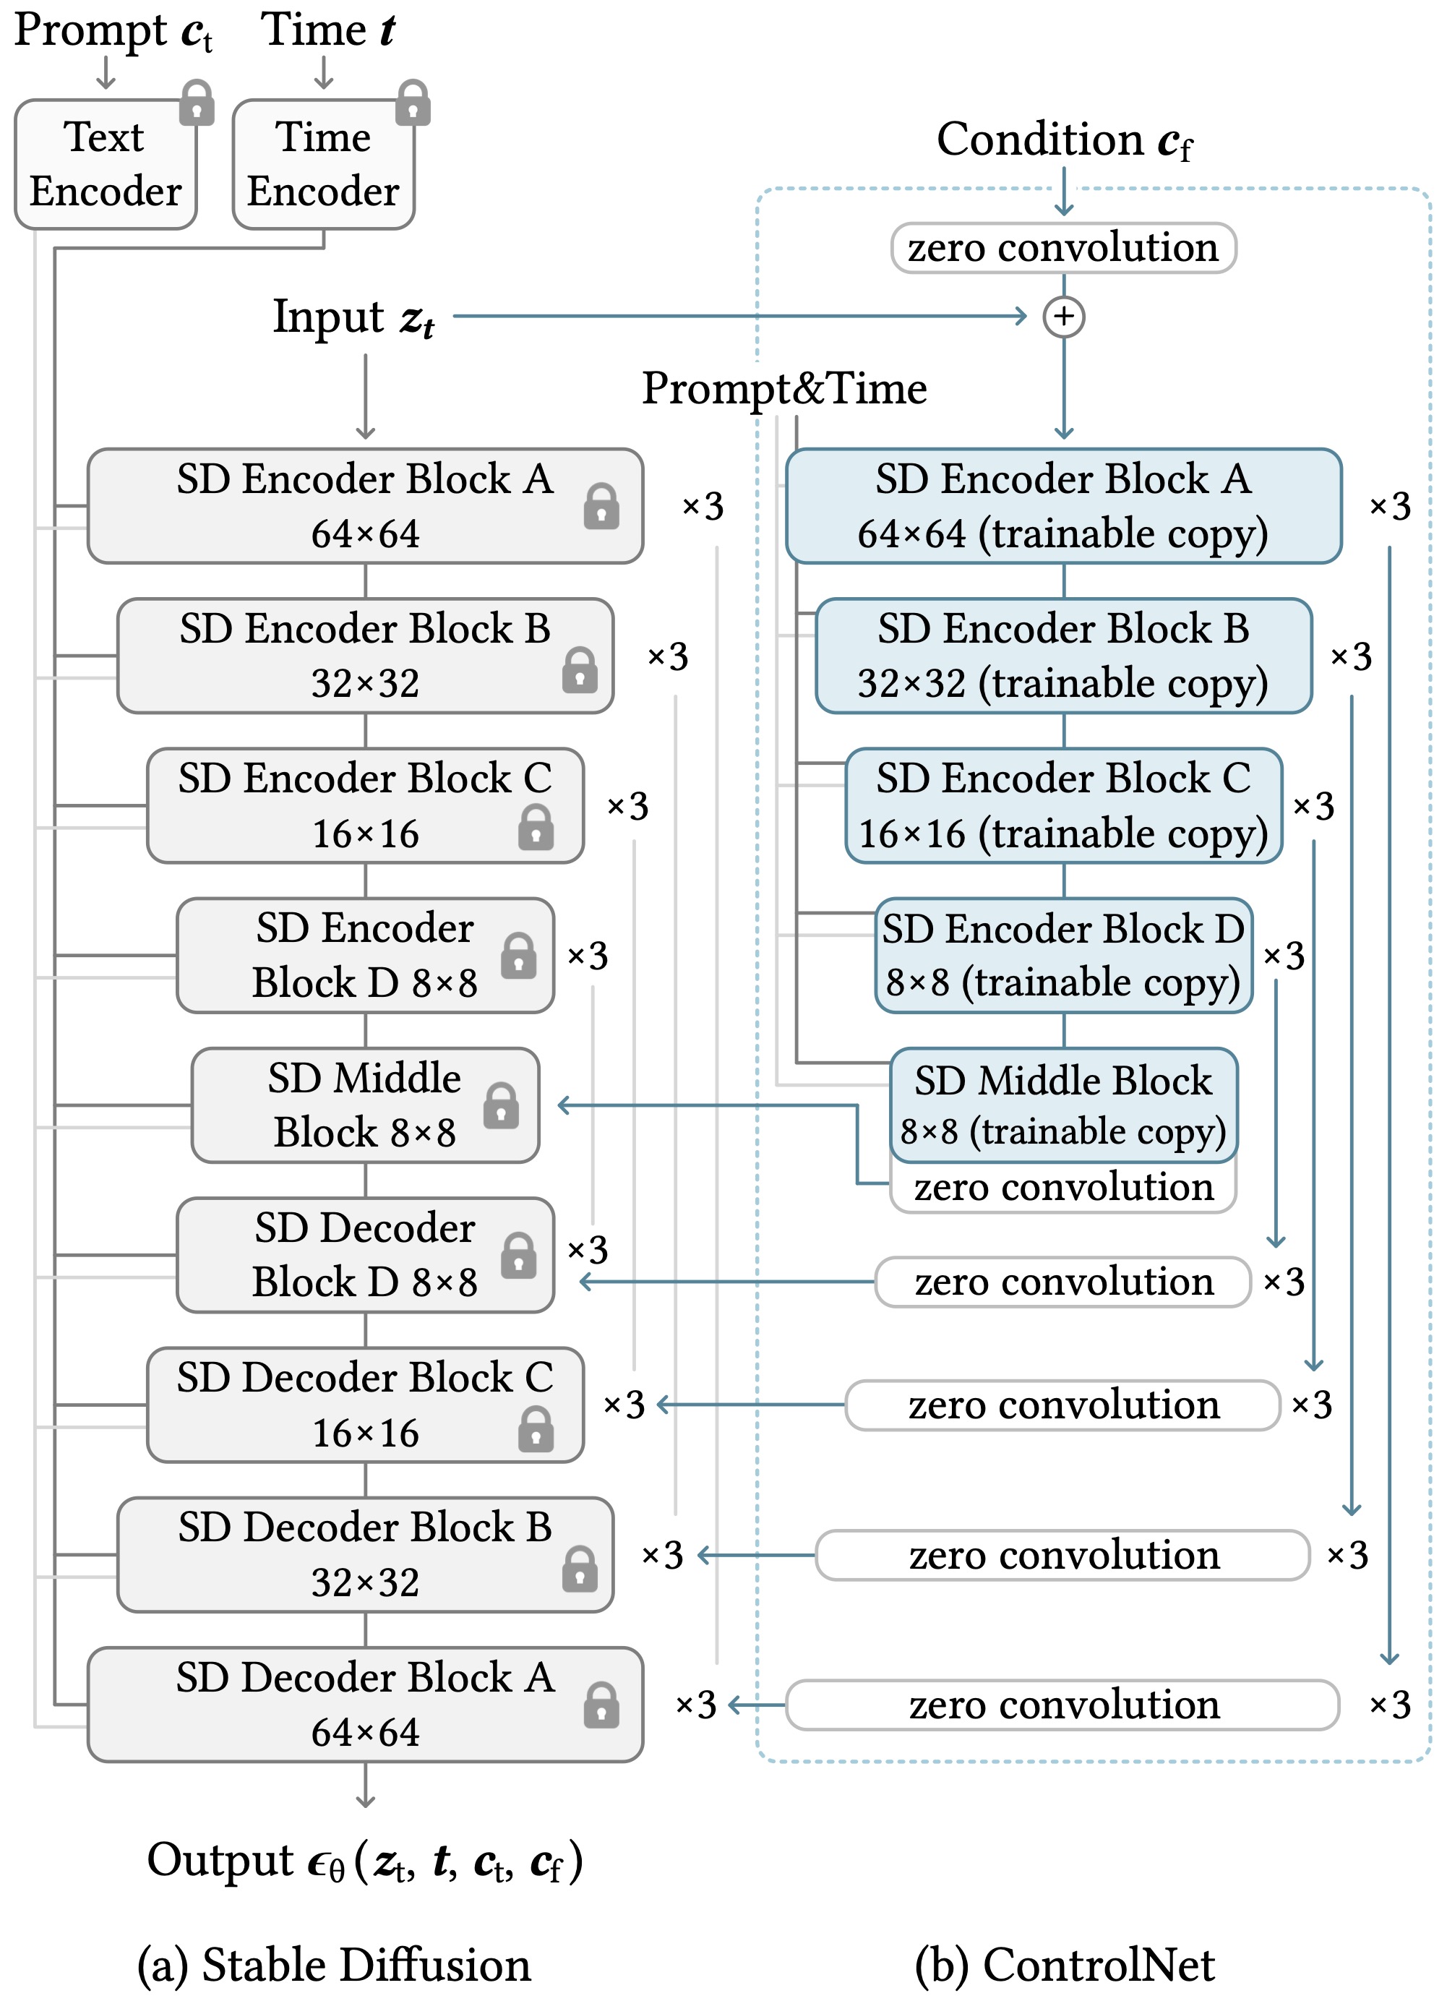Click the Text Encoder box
106,164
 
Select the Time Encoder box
323,164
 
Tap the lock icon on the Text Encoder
197,103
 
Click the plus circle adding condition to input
1063,317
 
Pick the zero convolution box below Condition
1063,248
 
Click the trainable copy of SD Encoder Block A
1063,505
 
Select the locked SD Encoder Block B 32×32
365,656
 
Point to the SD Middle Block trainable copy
1063,1105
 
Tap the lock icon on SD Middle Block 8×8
501,1105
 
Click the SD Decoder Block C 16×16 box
365,1405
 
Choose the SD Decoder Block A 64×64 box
365,1705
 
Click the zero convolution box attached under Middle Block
1063,1188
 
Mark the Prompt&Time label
784,388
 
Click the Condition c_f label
1064,141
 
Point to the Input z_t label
353,317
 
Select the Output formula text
365,1861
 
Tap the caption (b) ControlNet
1064,1966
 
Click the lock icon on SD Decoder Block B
580,1569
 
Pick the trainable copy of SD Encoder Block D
1063,956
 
